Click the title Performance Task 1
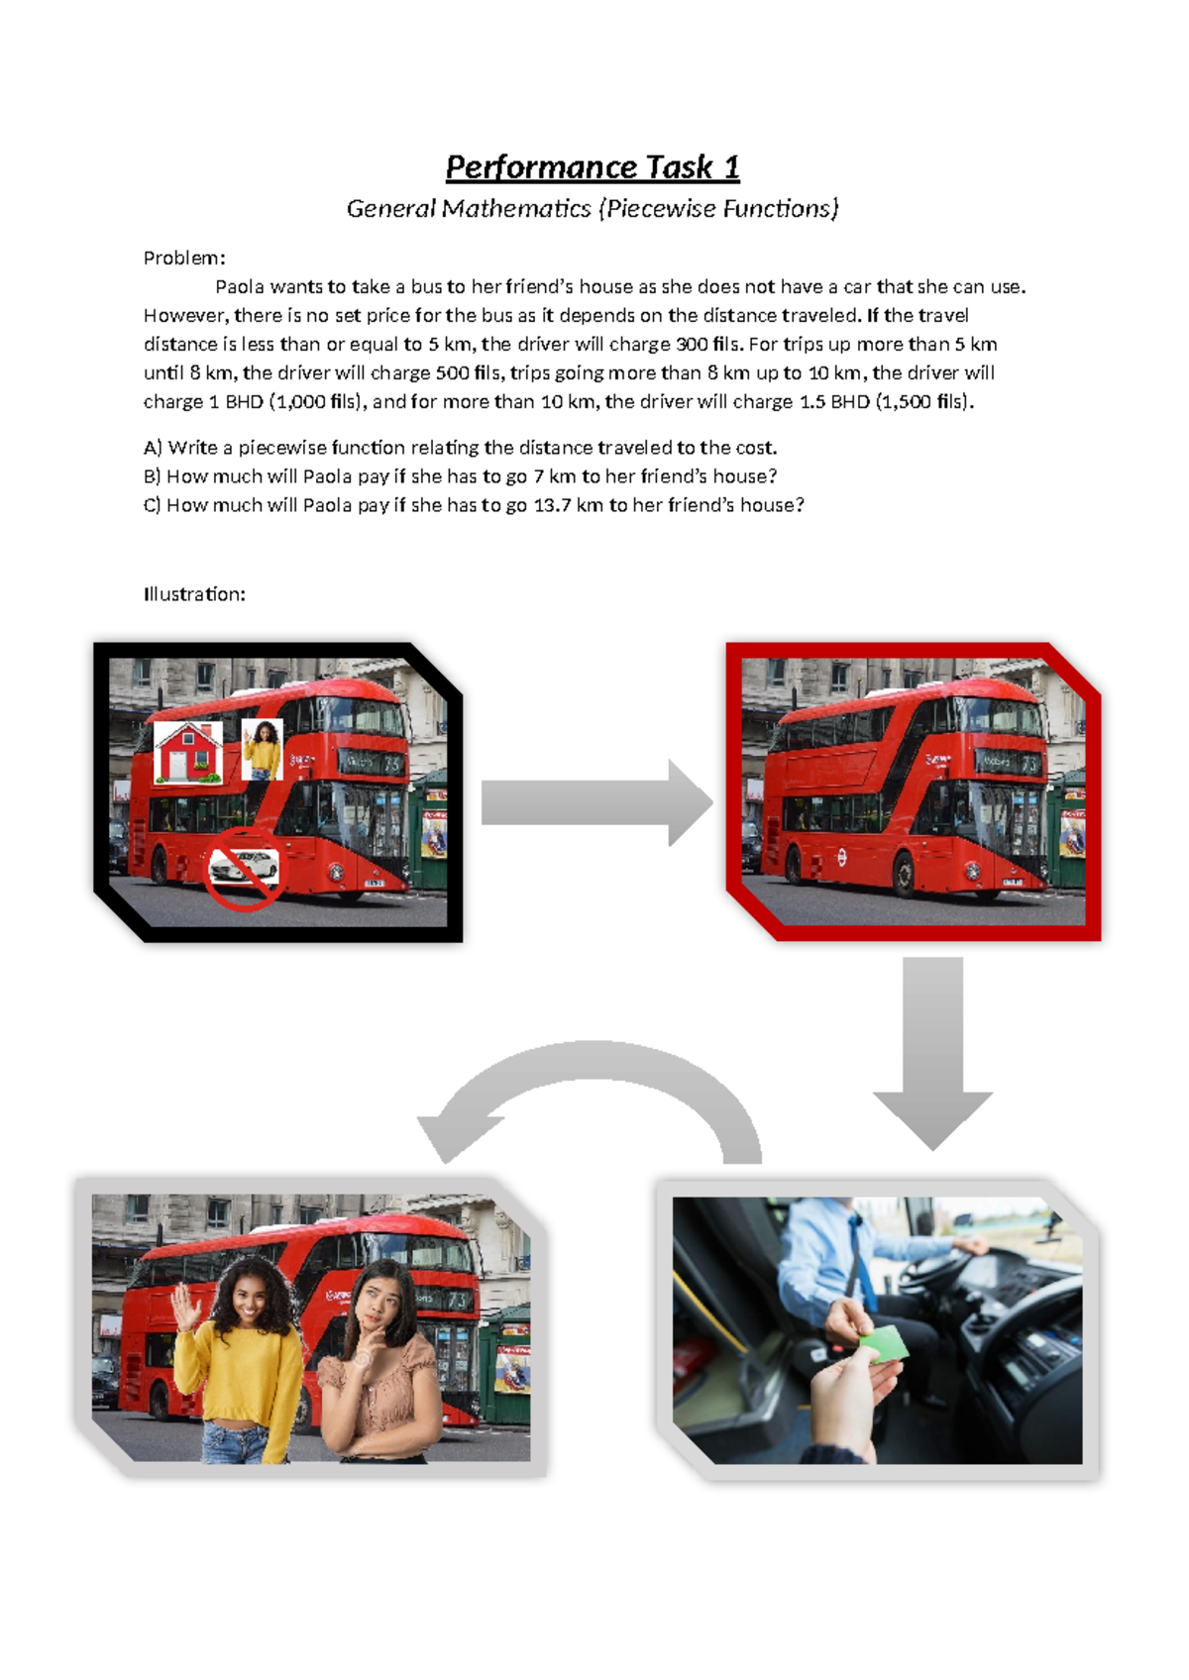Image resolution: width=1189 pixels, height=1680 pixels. (593, 167)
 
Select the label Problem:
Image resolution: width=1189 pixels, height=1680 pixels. (184, 258)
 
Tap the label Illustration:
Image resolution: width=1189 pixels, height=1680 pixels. (194, 594)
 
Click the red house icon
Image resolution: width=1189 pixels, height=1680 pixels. (187, 753)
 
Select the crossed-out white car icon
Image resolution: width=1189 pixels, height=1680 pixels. (244, 870)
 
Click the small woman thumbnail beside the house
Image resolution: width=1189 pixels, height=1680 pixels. (263, 749)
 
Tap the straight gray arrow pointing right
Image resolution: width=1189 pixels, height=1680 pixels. (596, 802)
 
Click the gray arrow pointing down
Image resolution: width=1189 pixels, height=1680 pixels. (932, 1053)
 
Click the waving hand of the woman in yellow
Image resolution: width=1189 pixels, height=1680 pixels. (185, 1307)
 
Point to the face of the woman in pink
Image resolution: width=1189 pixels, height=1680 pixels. (377, 1304)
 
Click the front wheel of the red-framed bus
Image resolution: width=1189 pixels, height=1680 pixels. (905, 876)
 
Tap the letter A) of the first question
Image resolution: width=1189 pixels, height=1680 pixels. (153, 448)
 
